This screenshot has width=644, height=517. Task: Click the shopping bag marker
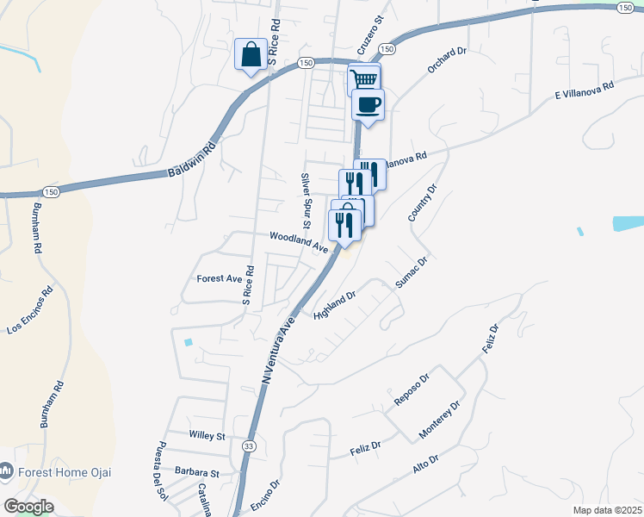tap(250, 55)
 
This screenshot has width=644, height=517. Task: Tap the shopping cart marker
tap(364, 79)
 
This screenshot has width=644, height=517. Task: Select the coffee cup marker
tap(368, 105)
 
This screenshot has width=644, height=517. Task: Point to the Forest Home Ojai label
tap(65, 472)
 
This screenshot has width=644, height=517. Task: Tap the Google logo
tap(28, 507)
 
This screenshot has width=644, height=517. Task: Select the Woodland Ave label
tap(299, 241)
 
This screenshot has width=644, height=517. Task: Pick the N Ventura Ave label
tap(278, 350)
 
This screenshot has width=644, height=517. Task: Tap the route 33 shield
tap(248, 445)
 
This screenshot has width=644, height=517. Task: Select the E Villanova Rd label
tap(584, 90)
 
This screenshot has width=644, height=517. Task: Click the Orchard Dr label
tap(447, 61)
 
